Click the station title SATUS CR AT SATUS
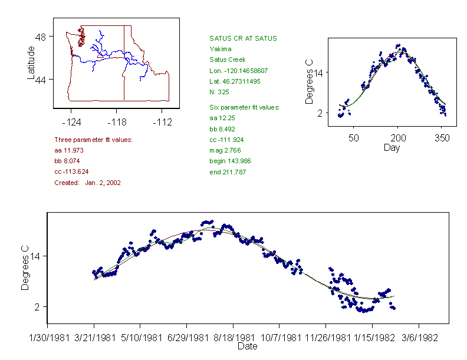(x=243, y=38)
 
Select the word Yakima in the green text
(x=220, y=49)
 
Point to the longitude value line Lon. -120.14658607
(x=239, y=70)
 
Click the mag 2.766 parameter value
(x=223, y=150)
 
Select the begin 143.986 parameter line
(x=227, y=161)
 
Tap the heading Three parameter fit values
(x=93, y=140)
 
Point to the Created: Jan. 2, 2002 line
(x=87, y=183)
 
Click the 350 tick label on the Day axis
(x=442, y=138)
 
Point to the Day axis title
(x=392, y=147)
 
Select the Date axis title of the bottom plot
(x=247, y=346)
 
